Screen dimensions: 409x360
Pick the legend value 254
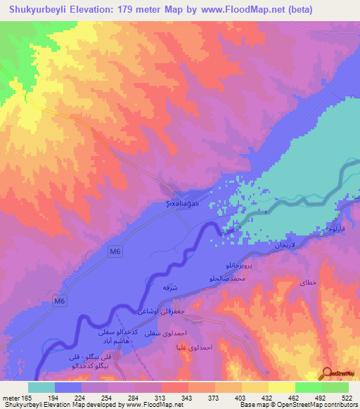(x=108, y=397)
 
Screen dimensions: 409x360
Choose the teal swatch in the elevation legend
(x=41, y=387)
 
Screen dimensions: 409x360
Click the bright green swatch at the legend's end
(x=335, y=387)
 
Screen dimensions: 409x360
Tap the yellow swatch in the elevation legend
(x=281, y=387)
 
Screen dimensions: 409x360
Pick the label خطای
(x=309, y=282)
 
